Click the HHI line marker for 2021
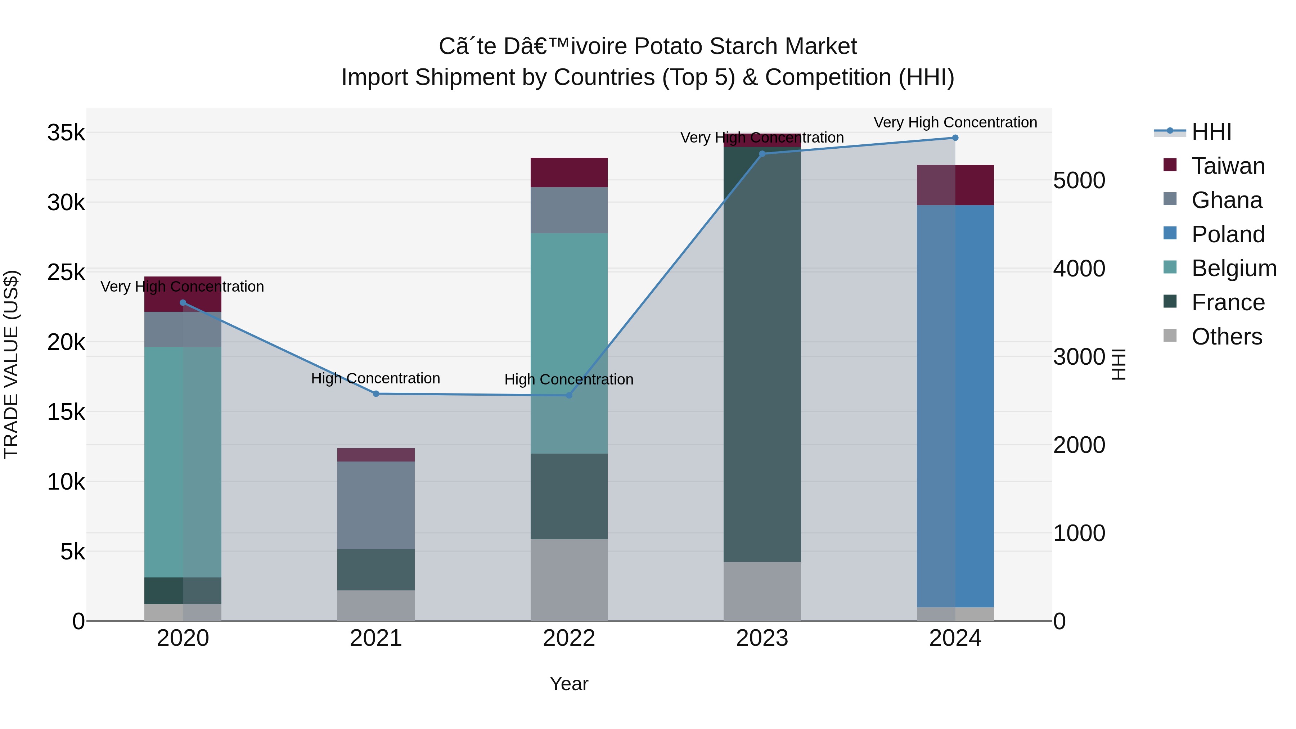pos(376,394)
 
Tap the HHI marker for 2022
pos(569,395)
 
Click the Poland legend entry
pos(1228,234)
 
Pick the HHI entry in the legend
pos(1211,132)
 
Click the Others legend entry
pos(1226,337)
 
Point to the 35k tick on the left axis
pos(66,133)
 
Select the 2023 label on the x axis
pos(762,638)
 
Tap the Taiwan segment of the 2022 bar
pos(569,172)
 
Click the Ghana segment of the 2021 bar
pos(376,505)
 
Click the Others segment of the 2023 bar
pos(762,591)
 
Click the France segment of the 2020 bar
pos(183,591)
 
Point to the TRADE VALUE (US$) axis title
pos(11,364)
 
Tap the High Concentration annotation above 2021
pos(375,378)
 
